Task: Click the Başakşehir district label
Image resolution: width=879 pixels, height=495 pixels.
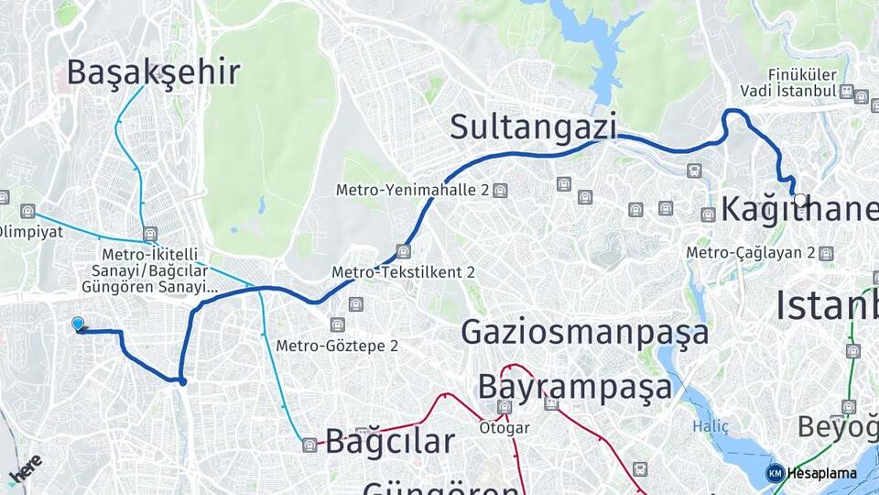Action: (153, 71)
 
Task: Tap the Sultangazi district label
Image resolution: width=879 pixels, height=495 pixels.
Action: (533, 127)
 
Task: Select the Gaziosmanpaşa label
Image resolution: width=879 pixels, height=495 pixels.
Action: (584, 331)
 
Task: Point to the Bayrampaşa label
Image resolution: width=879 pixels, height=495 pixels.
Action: (574, 387)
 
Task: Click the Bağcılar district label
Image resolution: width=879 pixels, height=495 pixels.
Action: (390, 442)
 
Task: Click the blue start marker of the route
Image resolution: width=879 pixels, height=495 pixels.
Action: (78, 324)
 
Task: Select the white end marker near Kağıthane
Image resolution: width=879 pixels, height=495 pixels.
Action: (800, 200)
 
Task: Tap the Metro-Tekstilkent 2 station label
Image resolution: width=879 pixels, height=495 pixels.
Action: (403, 272)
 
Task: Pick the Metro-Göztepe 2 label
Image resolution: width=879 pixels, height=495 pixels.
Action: (337, 346)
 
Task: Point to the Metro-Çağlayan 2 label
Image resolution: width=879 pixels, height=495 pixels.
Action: (751, 252)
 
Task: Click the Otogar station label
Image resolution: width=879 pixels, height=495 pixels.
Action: (503, 427)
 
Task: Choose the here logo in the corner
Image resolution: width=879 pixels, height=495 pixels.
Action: (25, 468)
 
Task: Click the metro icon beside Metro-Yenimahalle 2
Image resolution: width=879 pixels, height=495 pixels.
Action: (500, 191)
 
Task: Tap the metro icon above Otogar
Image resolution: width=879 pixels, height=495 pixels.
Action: (504, 407)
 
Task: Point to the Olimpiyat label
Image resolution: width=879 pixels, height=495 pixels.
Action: (31, 231)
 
